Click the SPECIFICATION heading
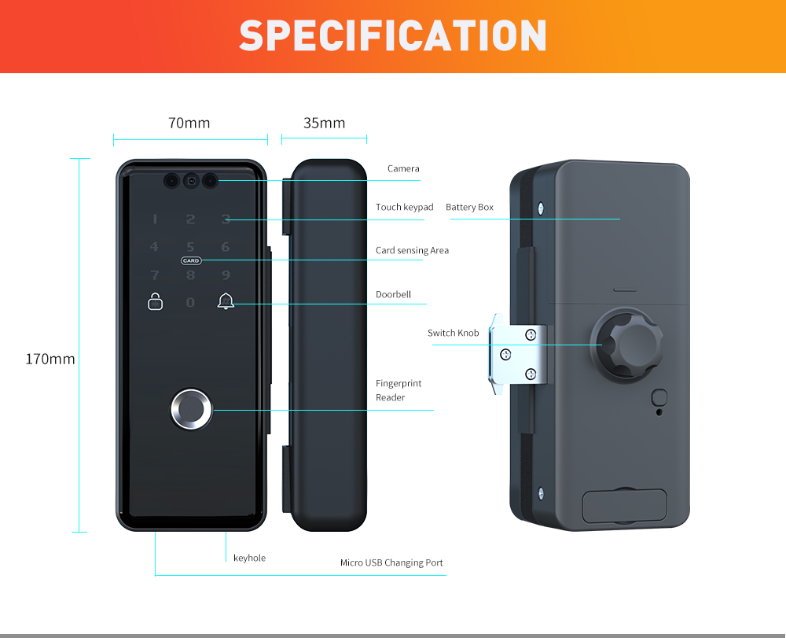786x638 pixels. pyautogui.click(x=392, y=35)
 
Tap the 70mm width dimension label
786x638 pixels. pyautogui.click(x=189, y=123)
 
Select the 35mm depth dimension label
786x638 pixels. pyautogui.click(x=325, y=123)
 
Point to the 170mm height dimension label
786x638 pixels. pyautogui.click(x=50, y=360)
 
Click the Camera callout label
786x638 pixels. pyautogui.click(x=403, y=168)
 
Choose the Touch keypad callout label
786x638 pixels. pyautogui.click(x=405, y=207)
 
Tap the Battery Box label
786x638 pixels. pyautogui.click(x=469, y=207)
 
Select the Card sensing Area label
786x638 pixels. pyautogui.click(x=412, y=250)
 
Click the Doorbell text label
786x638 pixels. pyautogui.click(x=393, y=294)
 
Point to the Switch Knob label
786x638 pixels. pyautogui.click(x=454, y=333)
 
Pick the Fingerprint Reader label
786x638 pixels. pyautogui.click(x=399, y=390)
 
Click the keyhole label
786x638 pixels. pyautogui.click(x=250, y=558)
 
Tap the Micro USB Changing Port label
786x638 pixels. pyautogui.click(x=391, y=562)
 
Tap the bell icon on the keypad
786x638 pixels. pyautogui.click(x=226, y=301)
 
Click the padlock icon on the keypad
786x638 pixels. pyautogui.click(x=156, y=301)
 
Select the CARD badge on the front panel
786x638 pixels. pyautogui.click(x=191, y=261)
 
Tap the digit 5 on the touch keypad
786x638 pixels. pyautogui.click(x=190, y=247)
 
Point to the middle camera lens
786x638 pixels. pyautogui.click(x=191, y=181)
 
